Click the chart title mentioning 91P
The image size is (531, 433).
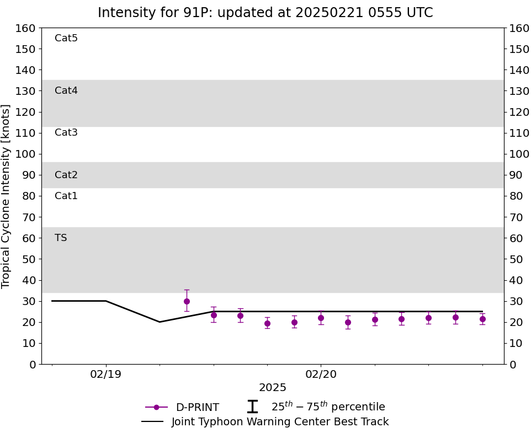tap(265, 13)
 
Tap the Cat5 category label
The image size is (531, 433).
tap(66, 38)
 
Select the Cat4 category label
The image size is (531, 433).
tap(66, 90)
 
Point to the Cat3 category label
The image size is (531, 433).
tap(66, 132)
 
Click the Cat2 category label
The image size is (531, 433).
tap(66, 175)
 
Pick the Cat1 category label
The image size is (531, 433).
tap(66, 196)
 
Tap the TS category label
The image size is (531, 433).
tap(61, 238)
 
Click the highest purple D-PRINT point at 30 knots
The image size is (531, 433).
tap(187, 301)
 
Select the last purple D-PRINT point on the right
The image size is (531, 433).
tap(482, 319)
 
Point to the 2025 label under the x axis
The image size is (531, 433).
tap(273, 388)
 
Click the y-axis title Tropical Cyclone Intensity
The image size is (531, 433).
tap(6, 196)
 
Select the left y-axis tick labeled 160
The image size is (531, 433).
tap(25, 28)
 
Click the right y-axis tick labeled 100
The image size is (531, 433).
tap(519, 154)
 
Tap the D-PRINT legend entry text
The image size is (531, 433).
tap(197, 407)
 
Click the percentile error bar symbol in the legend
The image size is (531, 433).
tap(252, 407)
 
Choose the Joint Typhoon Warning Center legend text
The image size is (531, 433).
tap(280, 422)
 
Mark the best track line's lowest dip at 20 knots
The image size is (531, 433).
tap(160, 322)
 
